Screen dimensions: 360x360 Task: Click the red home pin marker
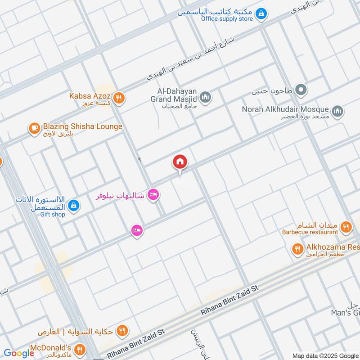click(180, 162)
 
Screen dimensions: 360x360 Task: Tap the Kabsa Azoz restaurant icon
click(118, 98)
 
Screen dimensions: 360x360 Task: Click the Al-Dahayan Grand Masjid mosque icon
click(206, 98)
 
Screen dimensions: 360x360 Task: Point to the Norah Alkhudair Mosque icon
click(337, 111)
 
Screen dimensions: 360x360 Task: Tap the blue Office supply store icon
click(261, 15)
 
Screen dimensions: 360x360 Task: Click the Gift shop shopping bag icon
click(74, 206)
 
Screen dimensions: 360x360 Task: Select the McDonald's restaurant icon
click(80, 349)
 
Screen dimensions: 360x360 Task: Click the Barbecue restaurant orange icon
click(346, 227)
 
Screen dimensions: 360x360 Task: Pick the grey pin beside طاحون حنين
click(301, 90)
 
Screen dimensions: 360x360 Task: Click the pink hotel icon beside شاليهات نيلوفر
click(153, 195)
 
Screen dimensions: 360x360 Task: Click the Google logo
click(18, 353)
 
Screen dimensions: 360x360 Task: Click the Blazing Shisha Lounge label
click(82, 126)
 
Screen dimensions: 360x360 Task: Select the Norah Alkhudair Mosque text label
click(286, 109)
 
